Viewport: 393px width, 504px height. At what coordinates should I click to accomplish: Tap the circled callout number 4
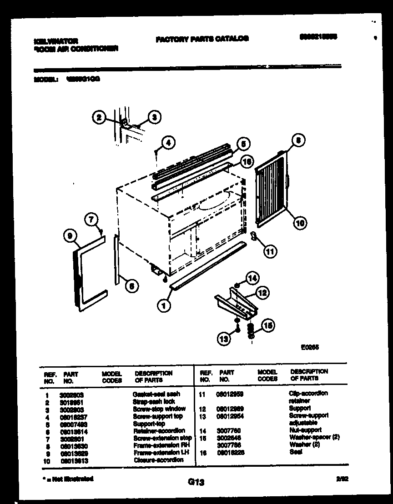(x=168, y=143)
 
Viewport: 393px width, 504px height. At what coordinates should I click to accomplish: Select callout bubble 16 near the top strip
(x=246, y=160)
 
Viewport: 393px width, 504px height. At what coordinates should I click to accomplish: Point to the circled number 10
(x=300, y=222)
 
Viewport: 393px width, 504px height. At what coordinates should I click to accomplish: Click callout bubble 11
(x=271, y=250)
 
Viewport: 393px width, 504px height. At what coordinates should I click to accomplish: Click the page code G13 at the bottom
(x=196, y=483)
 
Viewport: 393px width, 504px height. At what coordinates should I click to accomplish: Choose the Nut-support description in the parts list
(x=305, y=430)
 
